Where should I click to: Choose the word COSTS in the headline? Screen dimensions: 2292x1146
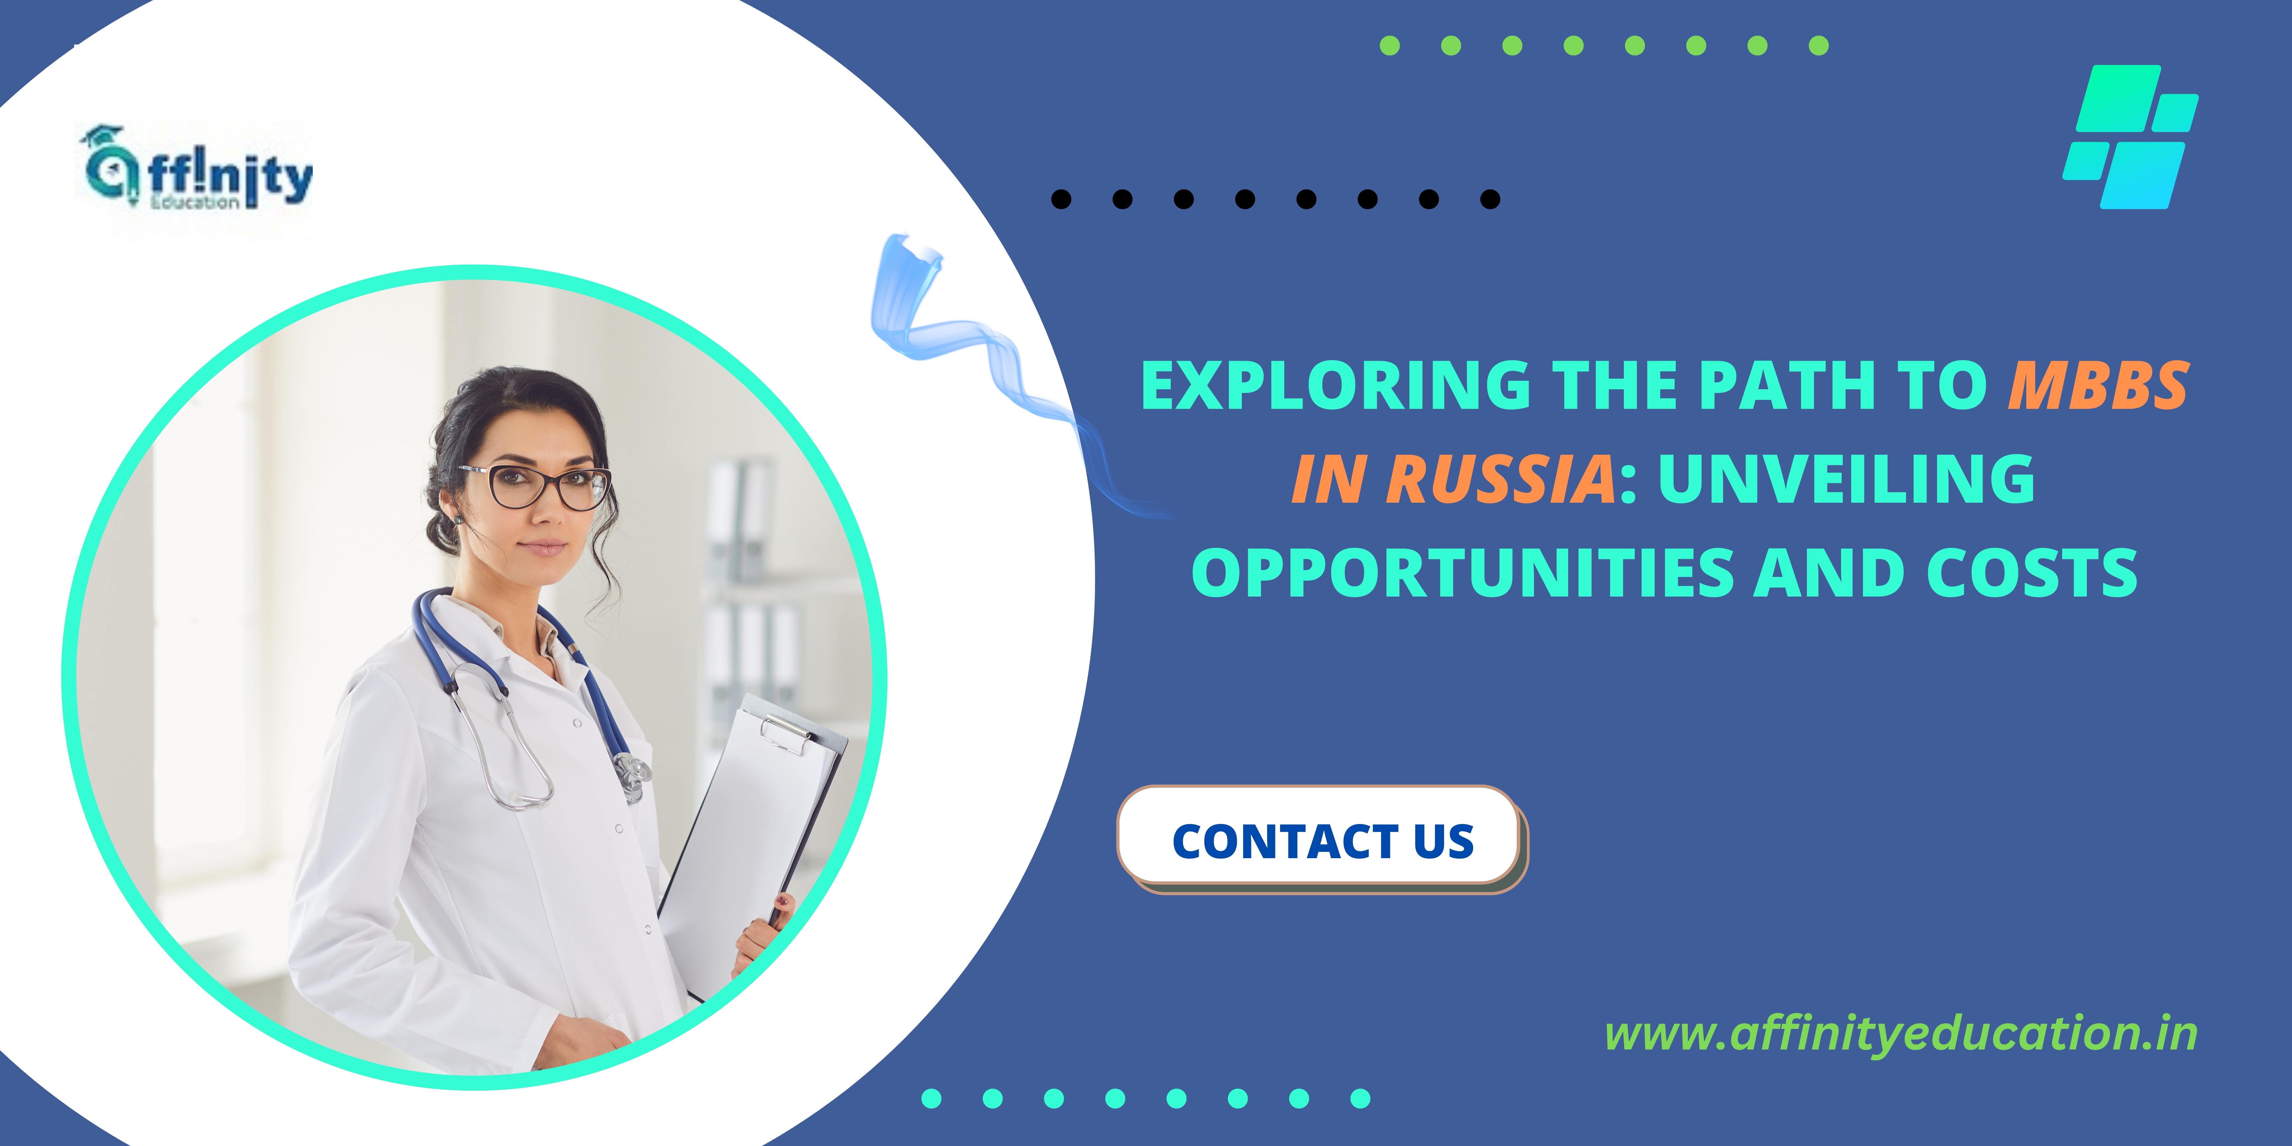(x=2032, y=572)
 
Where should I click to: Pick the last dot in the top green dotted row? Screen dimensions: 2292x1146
(x=1819, y=45)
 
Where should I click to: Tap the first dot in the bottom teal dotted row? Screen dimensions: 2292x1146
(x=931, y=1098)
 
